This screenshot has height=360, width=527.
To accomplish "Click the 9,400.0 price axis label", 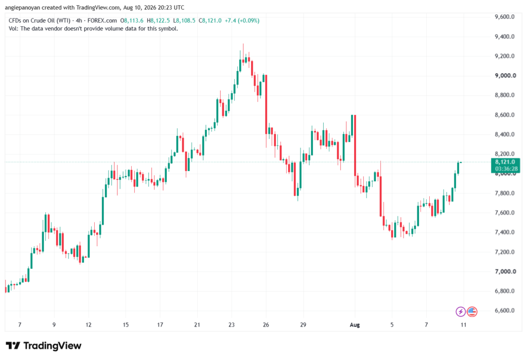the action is (504, 37).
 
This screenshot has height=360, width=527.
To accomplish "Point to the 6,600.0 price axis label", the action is (504, 311).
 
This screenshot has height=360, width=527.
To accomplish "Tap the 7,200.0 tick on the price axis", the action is (504, 252).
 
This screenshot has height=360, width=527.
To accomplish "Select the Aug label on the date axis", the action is (355, 324).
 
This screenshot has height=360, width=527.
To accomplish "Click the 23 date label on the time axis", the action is (231, 324).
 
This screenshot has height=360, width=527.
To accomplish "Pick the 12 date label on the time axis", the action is (89, 324).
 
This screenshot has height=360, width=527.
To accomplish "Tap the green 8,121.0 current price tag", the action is (505, 162).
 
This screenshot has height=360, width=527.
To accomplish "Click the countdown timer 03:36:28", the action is (506, 168).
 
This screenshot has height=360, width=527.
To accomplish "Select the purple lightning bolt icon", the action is (461, 312).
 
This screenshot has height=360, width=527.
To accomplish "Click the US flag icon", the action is (472, 312).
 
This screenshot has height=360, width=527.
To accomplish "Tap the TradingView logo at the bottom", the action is (44, 346).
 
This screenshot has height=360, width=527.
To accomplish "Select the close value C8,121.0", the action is (210, 21).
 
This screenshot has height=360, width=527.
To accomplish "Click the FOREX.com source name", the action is (102, 21).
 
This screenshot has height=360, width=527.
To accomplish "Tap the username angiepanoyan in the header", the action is (23, 7).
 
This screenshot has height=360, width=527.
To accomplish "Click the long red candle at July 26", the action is (266, 105).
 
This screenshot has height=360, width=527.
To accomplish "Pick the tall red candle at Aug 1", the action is (355, 145).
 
